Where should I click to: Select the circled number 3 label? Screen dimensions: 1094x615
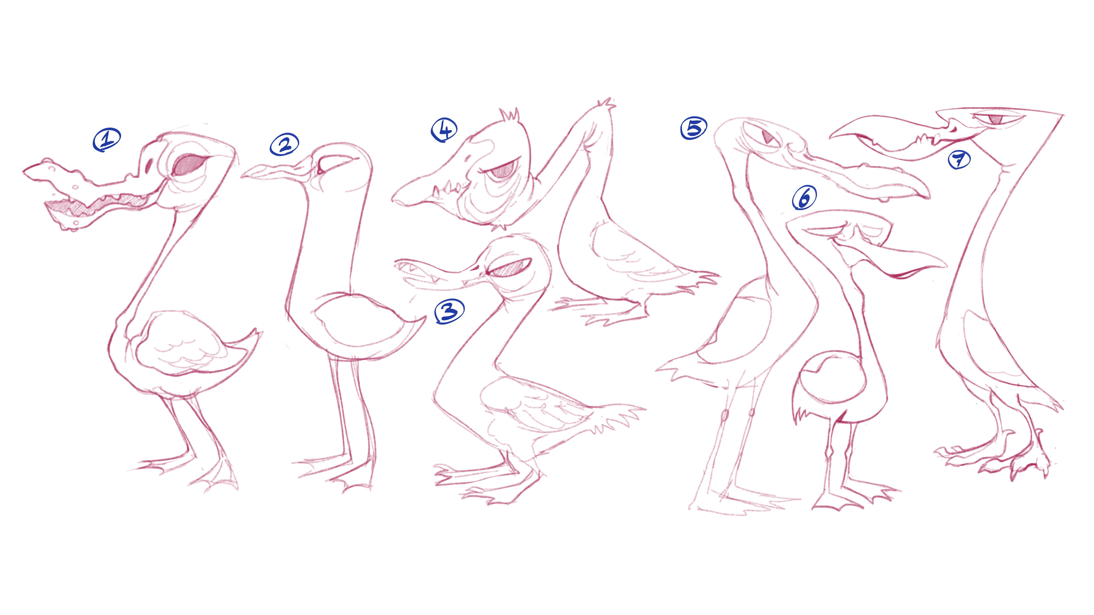(x=449, y=311)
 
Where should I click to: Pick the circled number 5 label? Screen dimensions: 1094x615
(x=694, y=128)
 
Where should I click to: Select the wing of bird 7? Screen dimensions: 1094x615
(x=994, y=352)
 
